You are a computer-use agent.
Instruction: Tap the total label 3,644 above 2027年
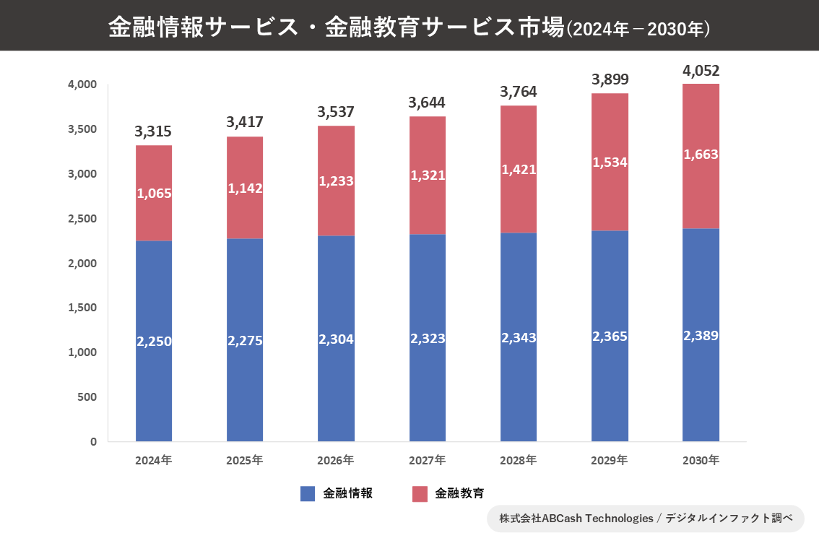click(x=427, y=103)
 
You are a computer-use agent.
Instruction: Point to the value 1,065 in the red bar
click(x=154, y=194)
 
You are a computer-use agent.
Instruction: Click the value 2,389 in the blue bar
click(x=701, y=336)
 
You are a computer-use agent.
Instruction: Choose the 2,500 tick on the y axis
click(x=82, y=219)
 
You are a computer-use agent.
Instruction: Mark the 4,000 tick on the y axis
click(x=82, y=84)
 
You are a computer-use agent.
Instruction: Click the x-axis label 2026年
click(x=336, y=460)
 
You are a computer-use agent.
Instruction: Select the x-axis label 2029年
click(x=610, y=460)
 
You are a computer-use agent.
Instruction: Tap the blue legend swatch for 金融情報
click(x=308, y=493)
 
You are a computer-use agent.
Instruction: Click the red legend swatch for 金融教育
click(x=420, y=493)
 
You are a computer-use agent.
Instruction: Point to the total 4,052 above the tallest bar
click(x=701, y=71)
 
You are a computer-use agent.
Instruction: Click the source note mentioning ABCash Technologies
click(x=646, y=518)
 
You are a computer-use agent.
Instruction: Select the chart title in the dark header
click(x=409, y=27)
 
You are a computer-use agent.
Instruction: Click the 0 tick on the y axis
click(x=93, y=441)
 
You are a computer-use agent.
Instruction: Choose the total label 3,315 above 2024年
click(x=153, y=132)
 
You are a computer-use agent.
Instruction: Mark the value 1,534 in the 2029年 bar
click(x=610, y=162)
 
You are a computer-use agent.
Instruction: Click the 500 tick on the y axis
click(x=87, y=397)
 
